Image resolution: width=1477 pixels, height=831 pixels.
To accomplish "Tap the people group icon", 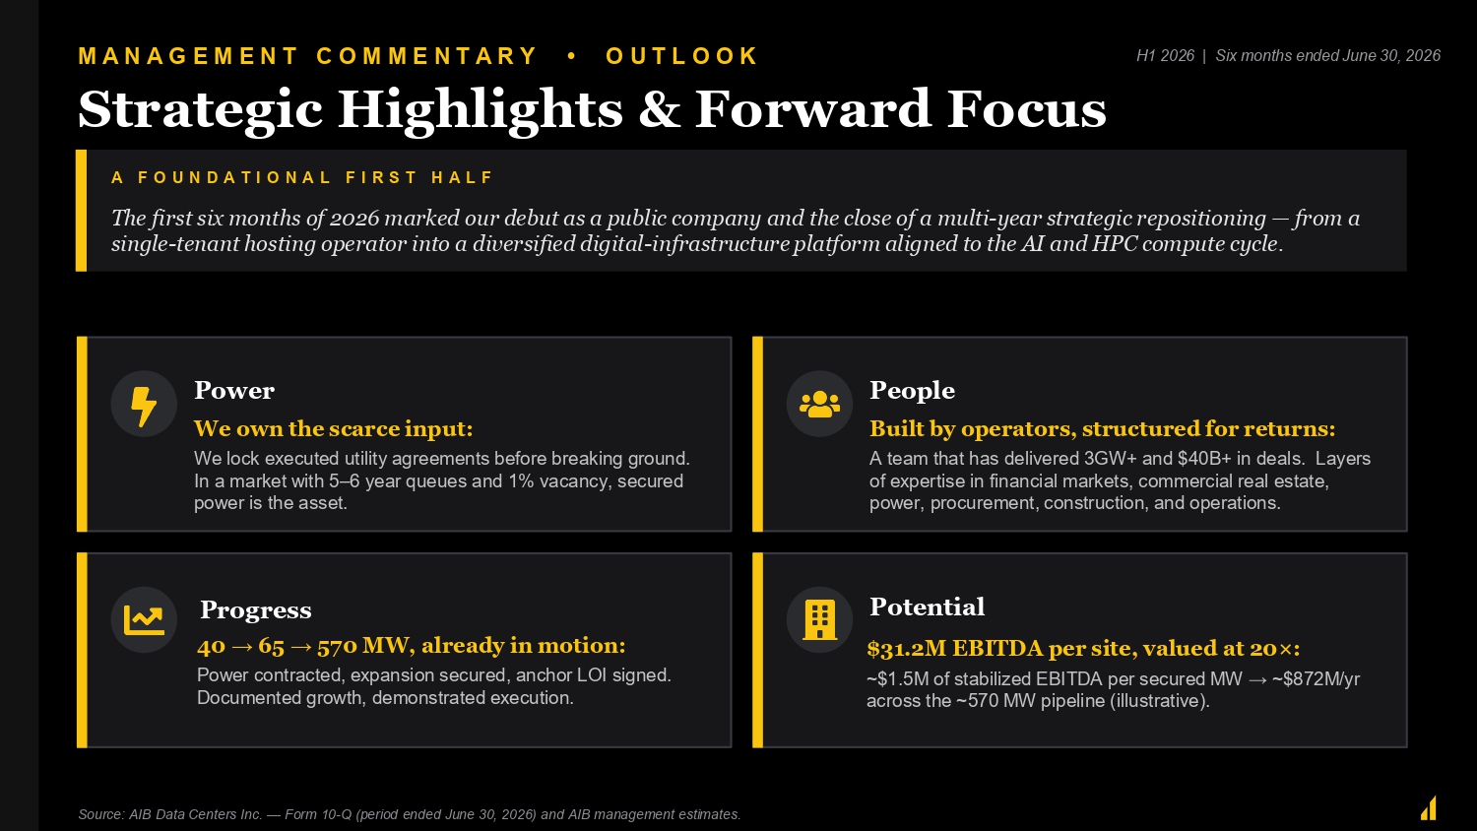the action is tap(819, 404).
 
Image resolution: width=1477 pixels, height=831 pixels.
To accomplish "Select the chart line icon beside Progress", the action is tap(144, 620).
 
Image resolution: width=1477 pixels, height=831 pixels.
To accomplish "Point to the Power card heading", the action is tap(234, 391).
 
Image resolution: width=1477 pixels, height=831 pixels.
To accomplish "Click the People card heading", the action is tap(912, 391).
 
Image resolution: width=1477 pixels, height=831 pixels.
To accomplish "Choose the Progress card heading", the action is tap(256, 610).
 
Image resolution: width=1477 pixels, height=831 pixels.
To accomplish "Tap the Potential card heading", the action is tap(928, 607).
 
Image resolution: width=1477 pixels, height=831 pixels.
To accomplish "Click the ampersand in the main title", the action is tap(659, 109).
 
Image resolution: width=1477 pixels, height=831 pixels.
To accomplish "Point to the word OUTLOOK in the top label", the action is tap(681, 56).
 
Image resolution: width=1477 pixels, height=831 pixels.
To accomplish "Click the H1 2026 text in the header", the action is tap(1165, 56).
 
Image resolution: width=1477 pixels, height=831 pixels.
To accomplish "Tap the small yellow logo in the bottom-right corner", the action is tap(1429, 808).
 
